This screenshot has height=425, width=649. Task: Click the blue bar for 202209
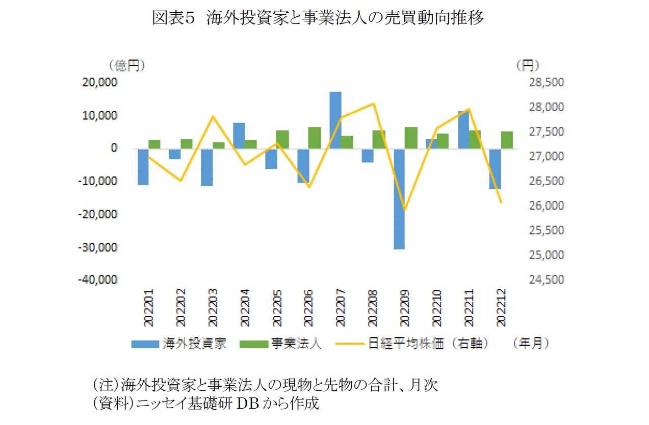[x=399, y=199]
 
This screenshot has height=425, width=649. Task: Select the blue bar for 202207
[x=335, y=120]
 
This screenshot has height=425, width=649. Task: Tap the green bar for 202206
[x=315, y=138]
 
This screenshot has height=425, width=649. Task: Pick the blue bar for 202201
[x=142, y=167]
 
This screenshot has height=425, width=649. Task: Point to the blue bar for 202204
[x=239, y=136]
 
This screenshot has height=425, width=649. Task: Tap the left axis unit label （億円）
[x=126, y=65]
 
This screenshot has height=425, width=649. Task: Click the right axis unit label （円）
[x=527, y=65]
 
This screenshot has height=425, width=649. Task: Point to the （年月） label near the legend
[x=532, y=343]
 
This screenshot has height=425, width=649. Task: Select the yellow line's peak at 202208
[x=374, y=104]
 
